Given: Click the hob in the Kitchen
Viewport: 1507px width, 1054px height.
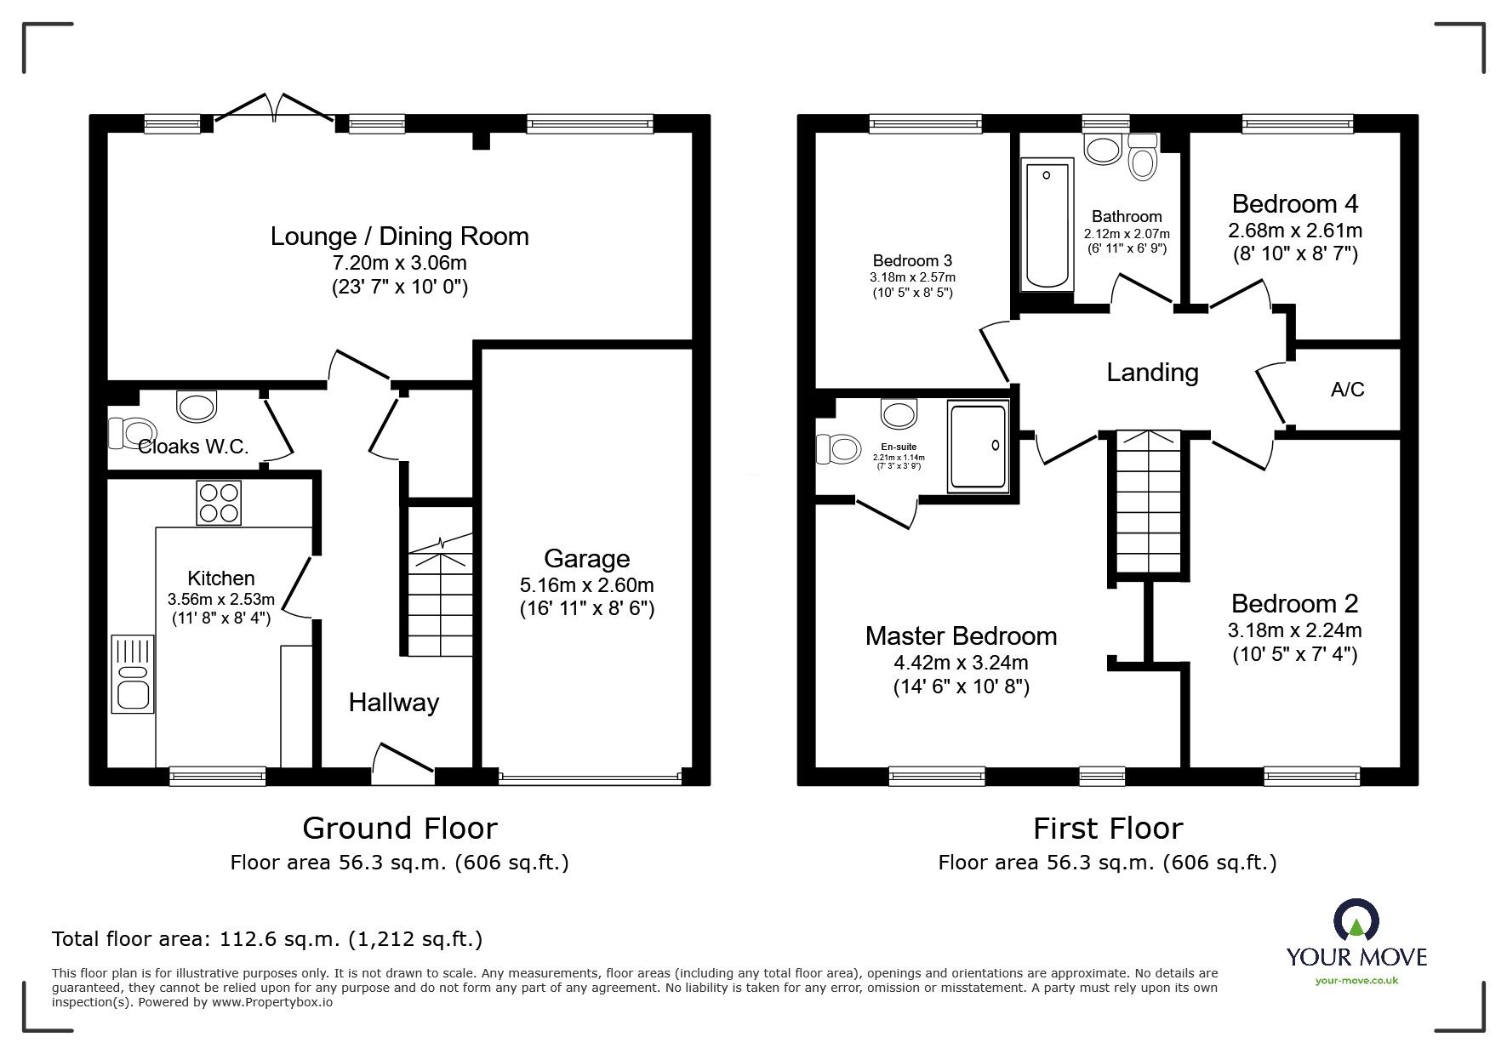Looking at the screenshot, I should pos(219,502).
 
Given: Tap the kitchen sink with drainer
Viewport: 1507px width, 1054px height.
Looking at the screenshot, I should pos(132,674).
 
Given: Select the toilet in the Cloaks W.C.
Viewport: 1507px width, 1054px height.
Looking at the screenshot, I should pos(131,432).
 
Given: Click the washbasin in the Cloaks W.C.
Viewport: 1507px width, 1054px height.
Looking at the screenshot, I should pos(197,406).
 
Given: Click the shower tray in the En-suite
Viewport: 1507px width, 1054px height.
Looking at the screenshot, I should pos(978,447).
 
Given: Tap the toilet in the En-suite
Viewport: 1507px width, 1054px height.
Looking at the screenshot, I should pos(836,448).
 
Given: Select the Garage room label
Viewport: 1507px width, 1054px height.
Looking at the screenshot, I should pos(586,559).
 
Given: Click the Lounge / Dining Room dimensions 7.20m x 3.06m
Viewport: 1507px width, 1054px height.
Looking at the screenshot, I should pos(399,264).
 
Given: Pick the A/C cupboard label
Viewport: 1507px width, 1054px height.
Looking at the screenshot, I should pos(1347,390).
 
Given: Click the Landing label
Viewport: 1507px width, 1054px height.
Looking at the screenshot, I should pos(1152,373).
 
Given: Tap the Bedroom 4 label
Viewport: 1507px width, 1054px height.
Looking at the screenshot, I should pos(1294,204).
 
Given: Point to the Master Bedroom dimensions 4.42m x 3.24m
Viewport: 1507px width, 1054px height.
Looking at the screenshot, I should pos(961,662).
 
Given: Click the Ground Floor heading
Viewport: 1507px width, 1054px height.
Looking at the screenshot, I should pos(399,828).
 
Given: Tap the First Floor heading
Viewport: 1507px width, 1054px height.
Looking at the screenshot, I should pos(1107,828).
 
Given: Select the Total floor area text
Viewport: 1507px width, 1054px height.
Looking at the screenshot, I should pos(267,939).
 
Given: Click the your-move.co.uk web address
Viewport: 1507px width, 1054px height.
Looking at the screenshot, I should pos(1356,981).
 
